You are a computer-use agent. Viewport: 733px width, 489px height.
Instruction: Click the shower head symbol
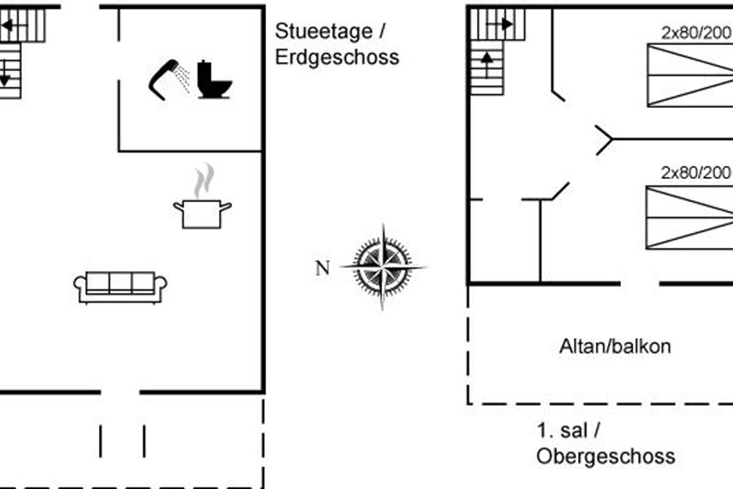click(164, 78)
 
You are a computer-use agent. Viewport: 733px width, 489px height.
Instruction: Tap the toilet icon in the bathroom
click(214, 80)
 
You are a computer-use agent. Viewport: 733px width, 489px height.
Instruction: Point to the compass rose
click(383, 267)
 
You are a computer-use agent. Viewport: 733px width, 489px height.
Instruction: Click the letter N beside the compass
click(323, 268)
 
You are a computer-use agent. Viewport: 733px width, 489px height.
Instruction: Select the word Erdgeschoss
click(337, 57)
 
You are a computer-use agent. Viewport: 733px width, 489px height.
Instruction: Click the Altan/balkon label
click(614, 347)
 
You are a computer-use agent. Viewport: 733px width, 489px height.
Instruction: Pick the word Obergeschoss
click(605, 456)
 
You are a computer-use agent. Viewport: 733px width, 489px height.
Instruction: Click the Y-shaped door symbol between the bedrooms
click(604, 140)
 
